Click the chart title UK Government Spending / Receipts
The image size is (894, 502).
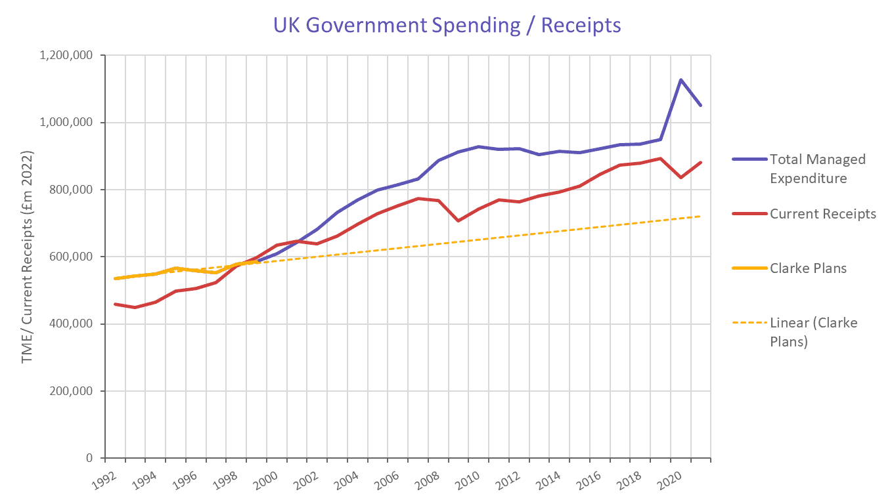pos(447,25)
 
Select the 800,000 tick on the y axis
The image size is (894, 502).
pos(71,190)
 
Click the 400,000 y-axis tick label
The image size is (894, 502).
pos(71,324)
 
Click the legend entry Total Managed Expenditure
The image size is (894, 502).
pos(817,169)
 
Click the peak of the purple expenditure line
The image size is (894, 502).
pos(681,80)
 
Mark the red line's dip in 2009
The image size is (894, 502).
pos(458,220)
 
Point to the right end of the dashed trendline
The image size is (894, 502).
pos(701,216)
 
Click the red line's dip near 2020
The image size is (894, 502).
pos(681,177)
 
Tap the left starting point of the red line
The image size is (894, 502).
pos(115,304)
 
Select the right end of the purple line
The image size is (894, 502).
pos(701,105)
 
